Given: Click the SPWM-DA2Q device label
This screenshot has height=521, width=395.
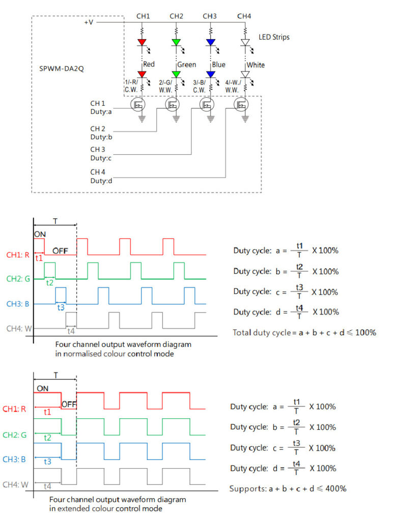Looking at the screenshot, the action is pyautogui.click(x=62, y=69).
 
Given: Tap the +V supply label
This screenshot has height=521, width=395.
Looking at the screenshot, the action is pyautogui.click(x=89, y=22).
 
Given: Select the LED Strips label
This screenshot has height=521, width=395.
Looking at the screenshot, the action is pyautogui.click(x=274, y=37).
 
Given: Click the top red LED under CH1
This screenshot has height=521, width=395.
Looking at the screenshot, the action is pyautogui.click(x=142, y=42).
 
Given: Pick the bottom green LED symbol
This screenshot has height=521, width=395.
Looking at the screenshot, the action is pyautogui.click(x=176, y=74).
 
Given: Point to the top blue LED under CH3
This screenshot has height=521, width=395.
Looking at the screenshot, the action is pyautogui.click(x=210, y=42).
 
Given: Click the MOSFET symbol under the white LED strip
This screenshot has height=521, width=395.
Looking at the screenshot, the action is pyautogui.click(x=241, y=105).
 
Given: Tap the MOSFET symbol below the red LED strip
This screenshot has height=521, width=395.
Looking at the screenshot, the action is pyautogui.click(x=138, y=105).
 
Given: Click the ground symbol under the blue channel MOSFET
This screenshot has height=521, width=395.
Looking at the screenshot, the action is pyautogui.click(x=210, y=119).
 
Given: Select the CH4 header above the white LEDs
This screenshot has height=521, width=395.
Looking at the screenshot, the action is pyautogui.click(x=244, y=16).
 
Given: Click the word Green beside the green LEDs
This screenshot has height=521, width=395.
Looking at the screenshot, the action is pyautogui.click(x=186, y=65).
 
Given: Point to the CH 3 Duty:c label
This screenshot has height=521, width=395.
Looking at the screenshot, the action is pyautogui.click(x=101, y=154).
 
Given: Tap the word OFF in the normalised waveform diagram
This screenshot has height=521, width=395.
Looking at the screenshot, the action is pyautogui.click(x=60, y=251).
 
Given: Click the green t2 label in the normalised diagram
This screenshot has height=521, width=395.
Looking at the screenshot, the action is pyautogui.click(x=49, y=283).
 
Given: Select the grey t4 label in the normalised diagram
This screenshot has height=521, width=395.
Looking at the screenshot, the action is pyautogui.click(x=71, y=331).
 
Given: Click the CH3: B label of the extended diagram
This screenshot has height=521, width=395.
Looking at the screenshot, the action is pyautogui.click(x=14, y=459).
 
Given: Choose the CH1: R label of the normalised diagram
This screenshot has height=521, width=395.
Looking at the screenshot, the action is pyautogui.click(x=18, y=255).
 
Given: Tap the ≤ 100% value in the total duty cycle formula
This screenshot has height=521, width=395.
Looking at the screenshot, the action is pyautogui.click(x=362, y=332).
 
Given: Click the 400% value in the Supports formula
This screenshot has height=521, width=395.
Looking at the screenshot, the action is pyautogui.click(x=336, y=488).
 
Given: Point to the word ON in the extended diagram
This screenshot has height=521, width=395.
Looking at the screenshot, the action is pyautogui.click(x=43, y=388).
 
